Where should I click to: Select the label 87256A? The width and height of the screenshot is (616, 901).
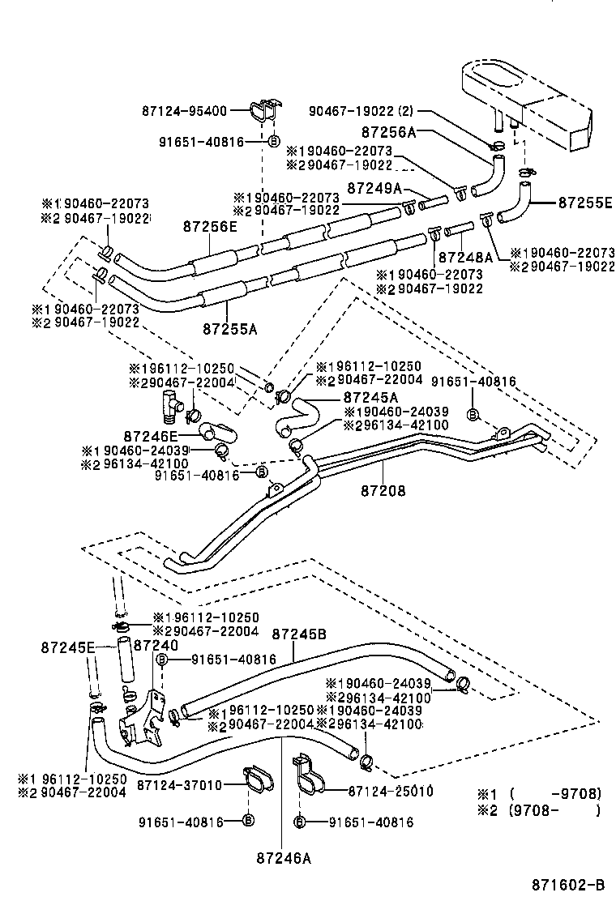389,131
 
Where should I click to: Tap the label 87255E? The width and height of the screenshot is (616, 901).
584,203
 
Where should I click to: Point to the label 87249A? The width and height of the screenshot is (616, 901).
374,188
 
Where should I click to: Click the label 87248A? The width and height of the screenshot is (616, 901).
465,257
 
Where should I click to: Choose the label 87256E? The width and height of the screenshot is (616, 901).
209,227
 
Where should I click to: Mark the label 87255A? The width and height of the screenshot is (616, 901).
229,329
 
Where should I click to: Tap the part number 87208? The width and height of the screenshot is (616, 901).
383,490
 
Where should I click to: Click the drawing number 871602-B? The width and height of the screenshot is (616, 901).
568,886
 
